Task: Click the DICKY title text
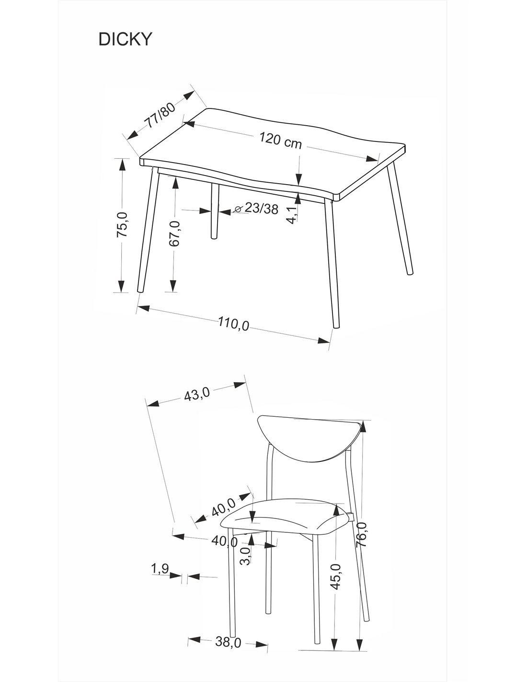[125, 39]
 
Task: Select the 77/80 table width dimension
[160, 115]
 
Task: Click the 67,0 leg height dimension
[174, 233]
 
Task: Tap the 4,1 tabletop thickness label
[292, 215]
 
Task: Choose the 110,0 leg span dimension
[234, 324]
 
